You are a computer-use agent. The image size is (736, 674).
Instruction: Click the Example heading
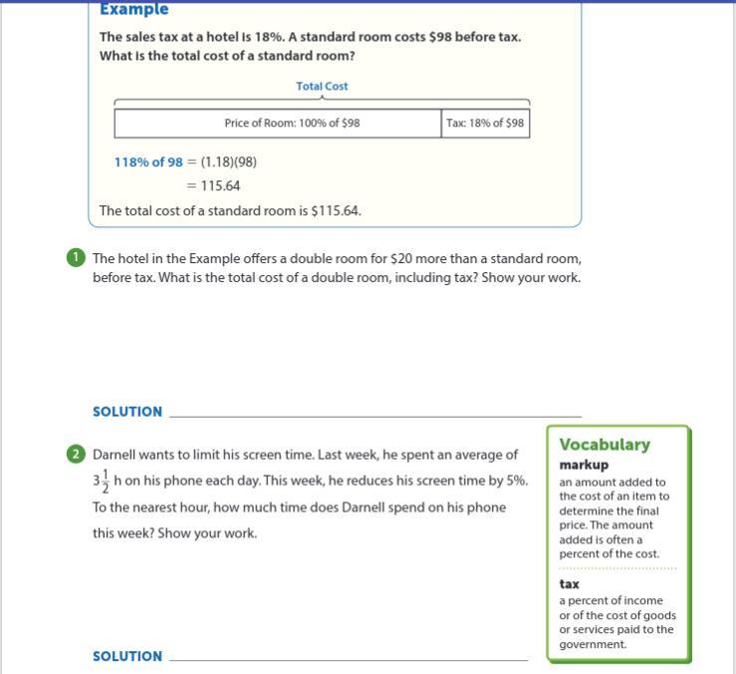(x=133, y=10)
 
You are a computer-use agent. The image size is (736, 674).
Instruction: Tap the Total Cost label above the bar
(x=322, y=87)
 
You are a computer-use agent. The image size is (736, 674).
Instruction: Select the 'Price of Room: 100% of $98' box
(x=278, y=124)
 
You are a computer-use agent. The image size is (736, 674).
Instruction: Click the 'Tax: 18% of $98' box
(x=484, y=124)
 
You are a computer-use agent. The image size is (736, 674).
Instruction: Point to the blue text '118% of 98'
(x=148, y=162)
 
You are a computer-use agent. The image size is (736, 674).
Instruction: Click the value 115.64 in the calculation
(x=220, y=185)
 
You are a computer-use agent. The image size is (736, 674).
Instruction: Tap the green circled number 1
(x=76, y=258)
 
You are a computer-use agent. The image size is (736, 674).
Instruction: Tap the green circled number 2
(x=76, y=455)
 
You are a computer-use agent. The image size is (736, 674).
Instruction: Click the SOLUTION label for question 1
(x=127, y=412)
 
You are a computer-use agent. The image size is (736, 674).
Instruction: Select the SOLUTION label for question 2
(x=127, y=656)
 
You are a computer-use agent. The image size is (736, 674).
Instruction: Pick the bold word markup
(x=584, y=465)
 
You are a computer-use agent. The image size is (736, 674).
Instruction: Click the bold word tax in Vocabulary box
(x=569, y=584)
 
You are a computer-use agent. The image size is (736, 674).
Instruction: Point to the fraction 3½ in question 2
(x=101, y=482)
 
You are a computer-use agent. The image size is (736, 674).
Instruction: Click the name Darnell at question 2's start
(x=116, y=455)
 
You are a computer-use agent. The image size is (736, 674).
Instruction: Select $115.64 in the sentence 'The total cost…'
(x=335, y=211)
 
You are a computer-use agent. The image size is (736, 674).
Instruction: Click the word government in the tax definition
(x=593, y=644)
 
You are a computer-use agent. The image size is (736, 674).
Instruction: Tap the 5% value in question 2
(x=516, y=481)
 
